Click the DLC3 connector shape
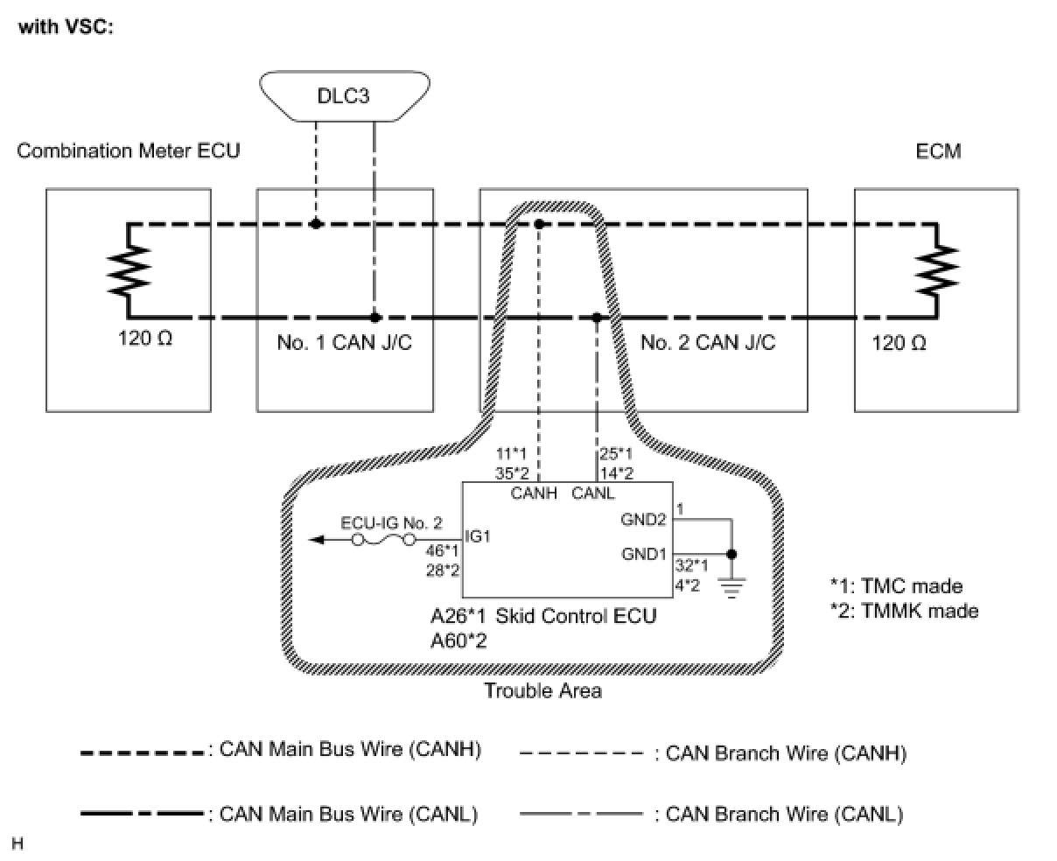click(x=345, y=95)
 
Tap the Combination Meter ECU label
click(x=128, y=150)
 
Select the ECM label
click(x=938, y=150)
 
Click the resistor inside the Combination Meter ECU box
click(x=129, y=270)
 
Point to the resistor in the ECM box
click(x=937, y=270)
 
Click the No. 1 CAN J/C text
click(x=345, y=342)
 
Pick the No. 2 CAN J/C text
click(x=708, y=342)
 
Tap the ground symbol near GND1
click(x=731, y=589)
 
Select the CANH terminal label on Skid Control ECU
click(x=534, y=493)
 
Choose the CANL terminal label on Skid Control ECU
click(x=593, y=493)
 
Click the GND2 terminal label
click(x=643, y=520)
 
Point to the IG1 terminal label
click(x=478, y=536)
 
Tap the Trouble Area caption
click(x=542, y=690)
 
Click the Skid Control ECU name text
click(x=576, y=616)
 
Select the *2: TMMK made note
click(x=904, y=611)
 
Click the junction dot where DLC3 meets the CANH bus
click(x=316, y=224)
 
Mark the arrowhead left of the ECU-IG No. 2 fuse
click(x=316, y=540)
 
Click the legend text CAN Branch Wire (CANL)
click(x=785, y=815)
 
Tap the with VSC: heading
click(x=66, y=26)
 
